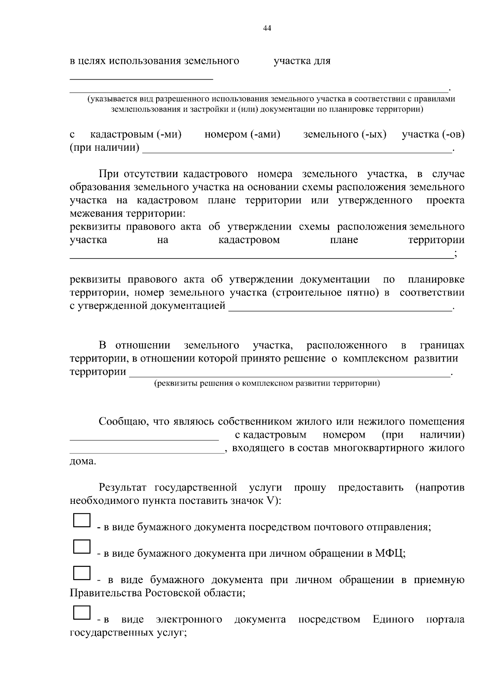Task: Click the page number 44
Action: pyautogui.click(x=267, y=28)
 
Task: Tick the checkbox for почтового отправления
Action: pyautogui.click(x=81, y=521)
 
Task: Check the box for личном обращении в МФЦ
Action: pyautogui.click(x=81, y=547)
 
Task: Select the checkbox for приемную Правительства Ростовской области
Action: pyautogui.click(x=81, y=573)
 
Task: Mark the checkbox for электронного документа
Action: pyautogui.click(x=81, y=612)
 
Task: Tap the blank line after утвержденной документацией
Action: pyautogui.click(x=340, y=310)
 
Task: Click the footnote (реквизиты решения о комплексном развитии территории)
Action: pyautogui.click(x=267, y=383)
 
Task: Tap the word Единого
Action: pyautogui.click(x=393, y=620)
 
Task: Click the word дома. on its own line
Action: pyautogui.click(x=83, y=462)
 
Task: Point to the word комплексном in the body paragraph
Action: pyautogui.click(x=375, y=359)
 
